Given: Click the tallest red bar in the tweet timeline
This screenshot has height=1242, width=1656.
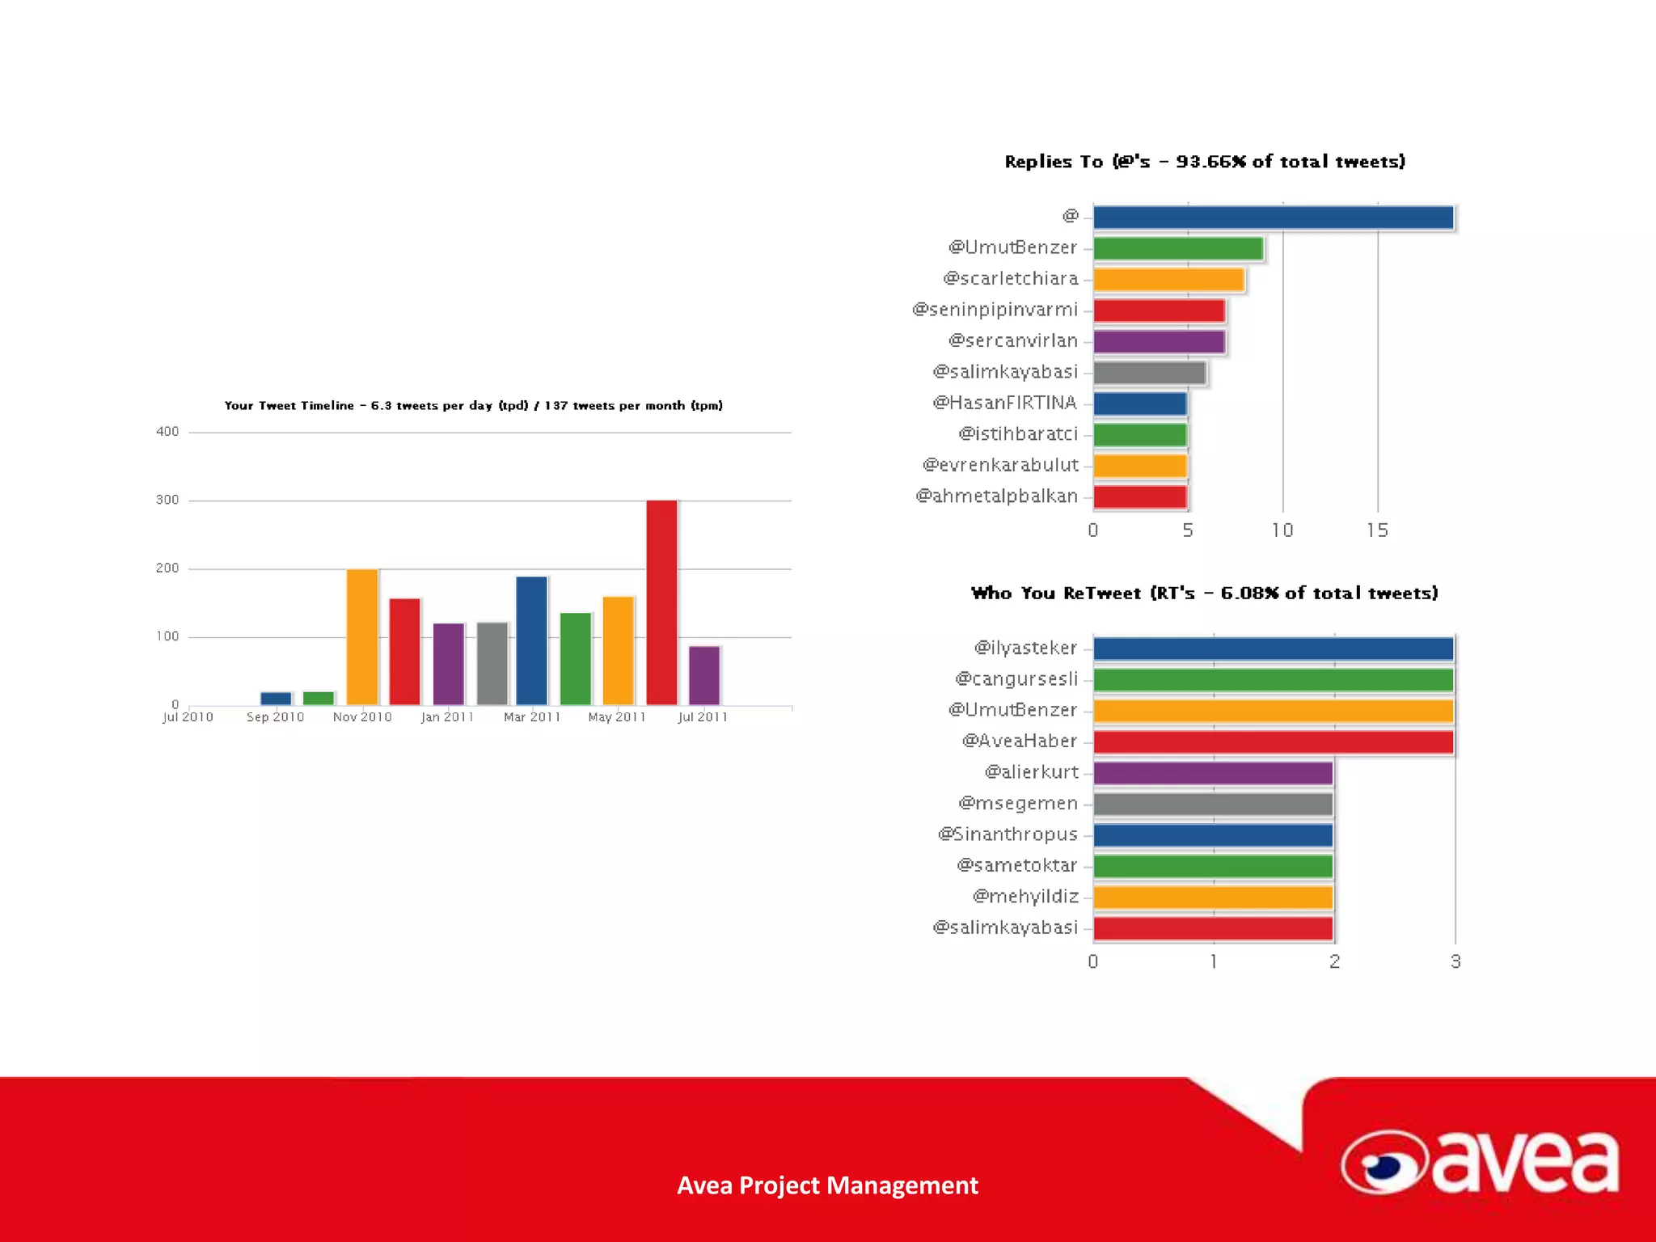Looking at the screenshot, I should click(661, 602).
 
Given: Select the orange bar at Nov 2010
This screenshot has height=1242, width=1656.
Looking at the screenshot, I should click(362, 636).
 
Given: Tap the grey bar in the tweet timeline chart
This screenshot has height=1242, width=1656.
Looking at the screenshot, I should click(492, 663).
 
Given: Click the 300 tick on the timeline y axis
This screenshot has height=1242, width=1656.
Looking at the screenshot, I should click(167, 500).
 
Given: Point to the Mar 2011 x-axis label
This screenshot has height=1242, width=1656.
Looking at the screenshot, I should click(531, 717).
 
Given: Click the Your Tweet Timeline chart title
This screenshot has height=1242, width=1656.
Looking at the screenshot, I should click(473, 405).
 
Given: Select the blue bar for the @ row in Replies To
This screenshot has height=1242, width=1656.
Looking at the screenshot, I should click(1273, 218).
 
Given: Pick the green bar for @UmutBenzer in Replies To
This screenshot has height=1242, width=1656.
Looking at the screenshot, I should click(1178, 248).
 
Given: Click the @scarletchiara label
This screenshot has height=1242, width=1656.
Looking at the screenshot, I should click(1011, 279).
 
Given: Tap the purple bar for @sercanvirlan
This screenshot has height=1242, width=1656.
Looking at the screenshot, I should click(1159, 341).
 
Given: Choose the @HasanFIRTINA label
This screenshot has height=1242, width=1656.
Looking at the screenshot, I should click(1005, 403).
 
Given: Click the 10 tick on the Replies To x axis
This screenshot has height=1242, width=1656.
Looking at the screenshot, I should click(1282, 530).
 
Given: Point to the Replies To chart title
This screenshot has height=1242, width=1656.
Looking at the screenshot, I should click(1205, 162).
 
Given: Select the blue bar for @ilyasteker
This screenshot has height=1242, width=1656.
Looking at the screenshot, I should click(1273, 648).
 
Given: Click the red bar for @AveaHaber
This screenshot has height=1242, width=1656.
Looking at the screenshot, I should click(1273, 741).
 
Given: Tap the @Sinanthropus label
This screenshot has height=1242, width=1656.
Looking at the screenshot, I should click(1008, 834).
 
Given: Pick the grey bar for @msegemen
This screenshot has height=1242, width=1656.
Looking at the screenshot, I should click(1213, 804).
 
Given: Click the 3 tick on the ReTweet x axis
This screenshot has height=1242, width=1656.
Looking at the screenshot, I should click(1455, 961).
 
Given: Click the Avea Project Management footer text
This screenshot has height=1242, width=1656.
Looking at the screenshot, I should click(827, 1185).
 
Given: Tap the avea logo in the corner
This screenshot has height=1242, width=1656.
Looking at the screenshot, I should click(1480, 1163).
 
